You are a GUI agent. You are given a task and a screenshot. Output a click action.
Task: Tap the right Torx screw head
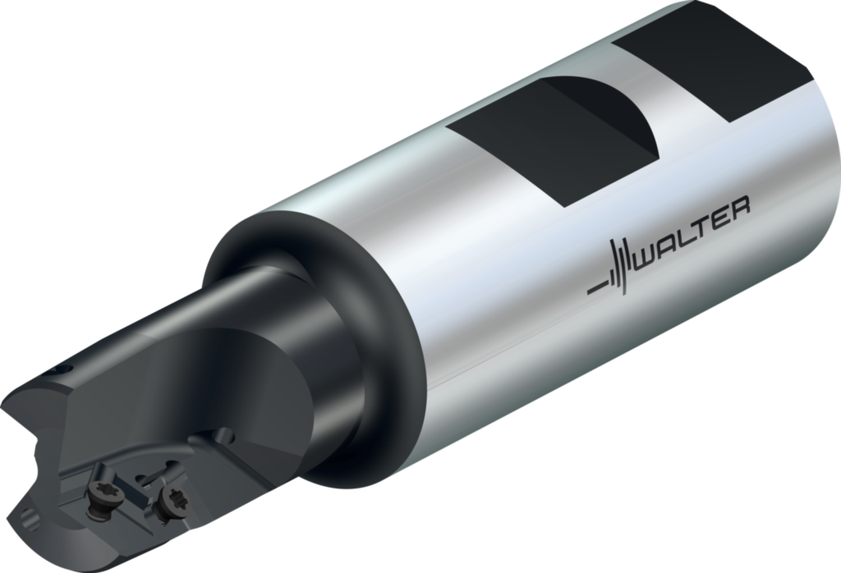point(172,502)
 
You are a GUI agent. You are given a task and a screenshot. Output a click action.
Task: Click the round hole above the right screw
point(225,436)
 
